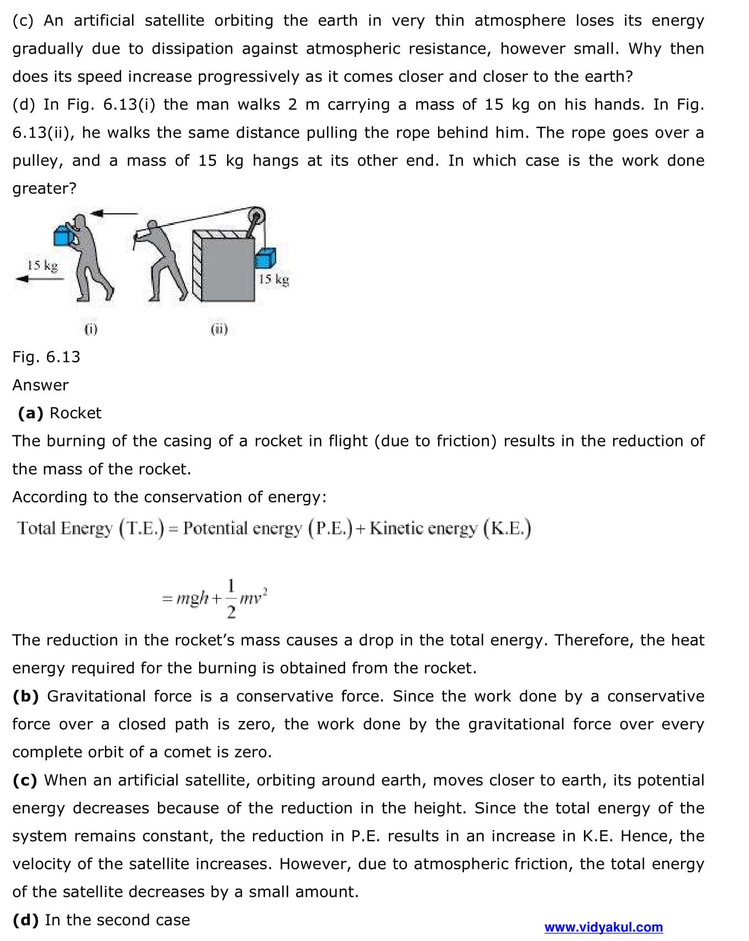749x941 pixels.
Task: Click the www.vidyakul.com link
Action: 603,927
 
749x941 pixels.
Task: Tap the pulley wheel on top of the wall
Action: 256,216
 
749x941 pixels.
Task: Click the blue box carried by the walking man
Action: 63,235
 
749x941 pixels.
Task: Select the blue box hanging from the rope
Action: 265,259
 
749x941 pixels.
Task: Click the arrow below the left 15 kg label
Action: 40,279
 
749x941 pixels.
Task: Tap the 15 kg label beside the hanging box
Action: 273,280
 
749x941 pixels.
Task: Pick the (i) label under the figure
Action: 91,329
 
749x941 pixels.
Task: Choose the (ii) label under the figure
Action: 219,329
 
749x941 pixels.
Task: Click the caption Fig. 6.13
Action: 46,357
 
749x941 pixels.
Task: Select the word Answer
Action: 40,385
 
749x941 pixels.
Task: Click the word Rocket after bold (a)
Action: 76,413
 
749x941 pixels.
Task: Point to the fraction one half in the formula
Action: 231,598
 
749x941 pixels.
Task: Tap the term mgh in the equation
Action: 192,598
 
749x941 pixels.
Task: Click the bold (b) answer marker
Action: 25,696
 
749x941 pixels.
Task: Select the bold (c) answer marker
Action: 25,780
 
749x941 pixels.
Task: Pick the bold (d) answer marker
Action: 25,920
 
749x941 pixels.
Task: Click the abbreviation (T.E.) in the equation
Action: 142,529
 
